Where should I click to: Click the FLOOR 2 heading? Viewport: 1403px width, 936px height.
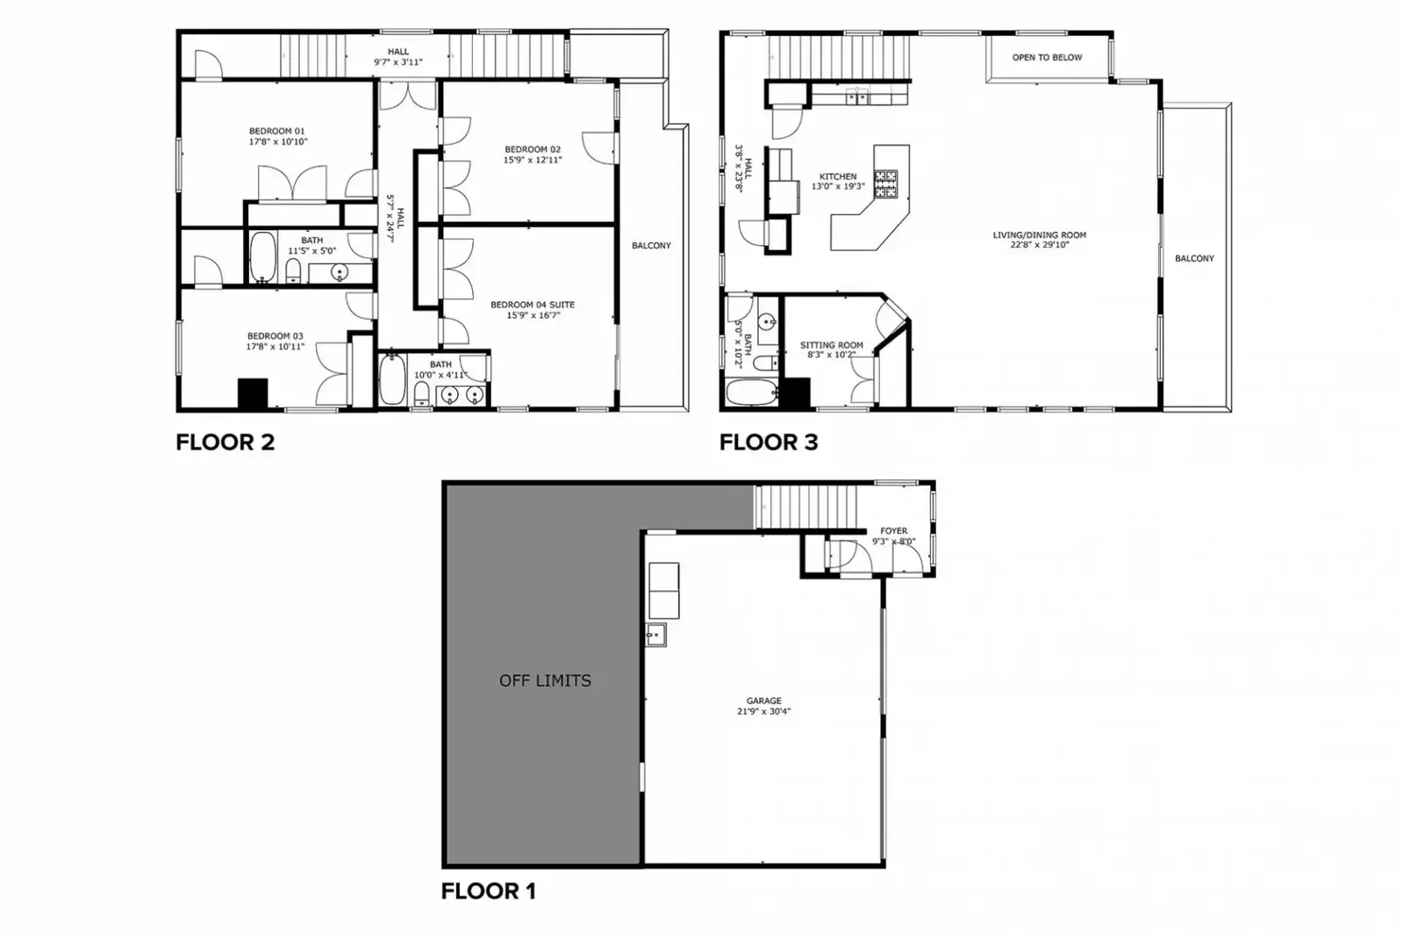click(225, 443)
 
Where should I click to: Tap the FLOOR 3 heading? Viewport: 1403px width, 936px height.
click(769, 443)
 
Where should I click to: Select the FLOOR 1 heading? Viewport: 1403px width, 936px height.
click(488, 891)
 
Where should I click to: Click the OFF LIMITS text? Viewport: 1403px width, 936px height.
click(545, 680)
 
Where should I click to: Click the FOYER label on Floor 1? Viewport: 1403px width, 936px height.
click(893, 531)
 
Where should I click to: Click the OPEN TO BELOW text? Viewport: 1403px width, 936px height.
click(1047, 58)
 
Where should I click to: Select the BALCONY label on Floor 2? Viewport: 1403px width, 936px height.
click(651, 246)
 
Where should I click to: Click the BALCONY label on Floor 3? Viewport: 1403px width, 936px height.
click(1194, 258)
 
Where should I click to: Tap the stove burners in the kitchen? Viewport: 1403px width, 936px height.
click(885, 184)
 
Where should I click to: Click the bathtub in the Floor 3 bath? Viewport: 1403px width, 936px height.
click(750, 392)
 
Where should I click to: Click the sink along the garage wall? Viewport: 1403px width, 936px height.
click(655, 634)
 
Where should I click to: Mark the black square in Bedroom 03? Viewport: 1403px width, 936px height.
click(253, 393)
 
